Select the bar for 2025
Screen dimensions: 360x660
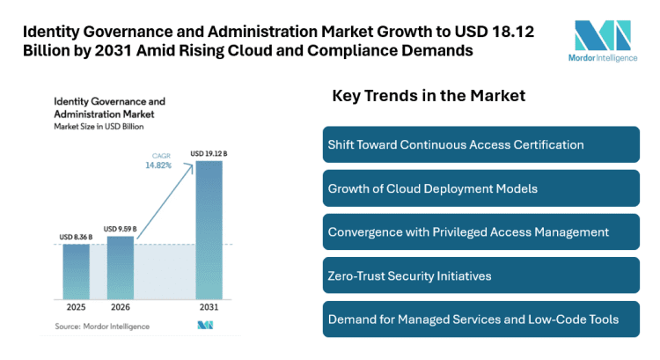click(77, 273)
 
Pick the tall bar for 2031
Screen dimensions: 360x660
click(209, 233)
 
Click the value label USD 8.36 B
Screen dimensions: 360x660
click(77, 236)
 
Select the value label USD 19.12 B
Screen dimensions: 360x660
click(209, 155)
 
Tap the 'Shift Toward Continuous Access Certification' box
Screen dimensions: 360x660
click(480, 144)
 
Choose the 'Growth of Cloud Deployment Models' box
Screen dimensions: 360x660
click(480, 188)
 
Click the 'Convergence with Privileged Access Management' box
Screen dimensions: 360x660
click(480, 231)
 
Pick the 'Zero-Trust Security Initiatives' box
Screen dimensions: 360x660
click(480, 276)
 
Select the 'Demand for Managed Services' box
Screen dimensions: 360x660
click(480, 319)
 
